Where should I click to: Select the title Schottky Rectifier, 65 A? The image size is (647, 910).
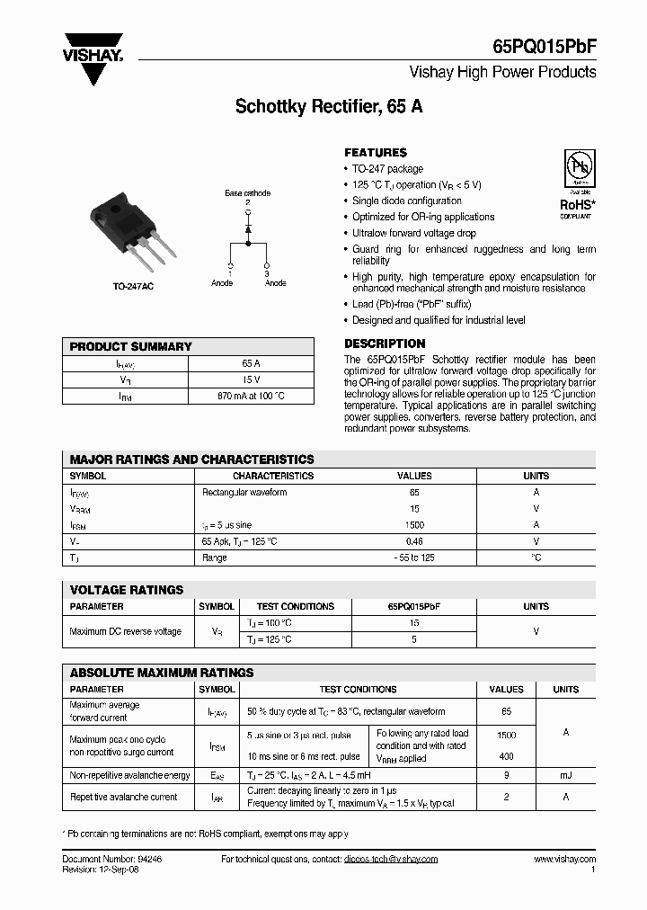(329, 106)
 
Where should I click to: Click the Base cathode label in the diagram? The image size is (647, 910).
(247, 193)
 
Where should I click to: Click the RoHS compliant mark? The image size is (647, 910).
(576, 206)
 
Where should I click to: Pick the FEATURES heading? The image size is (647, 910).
(376, 153)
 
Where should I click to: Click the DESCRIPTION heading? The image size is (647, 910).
(385, 343)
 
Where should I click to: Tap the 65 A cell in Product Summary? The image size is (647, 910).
(252, 363)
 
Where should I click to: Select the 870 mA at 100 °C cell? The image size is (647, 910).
(252, 396)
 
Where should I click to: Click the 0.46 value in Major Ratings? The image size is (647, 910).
(414, 541)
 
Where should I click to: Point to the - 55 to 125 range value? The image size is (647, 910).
(414, 558)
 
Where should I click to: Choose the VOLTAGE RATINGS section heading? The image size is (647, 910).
(127, 590)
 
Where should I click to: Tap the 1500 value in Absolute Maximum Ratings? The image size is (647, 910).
(506, 734)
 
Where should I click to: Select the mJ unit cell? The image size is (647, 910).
(565, 775)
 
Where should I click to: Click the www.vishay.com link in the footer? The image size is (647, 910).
(564, 860)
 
